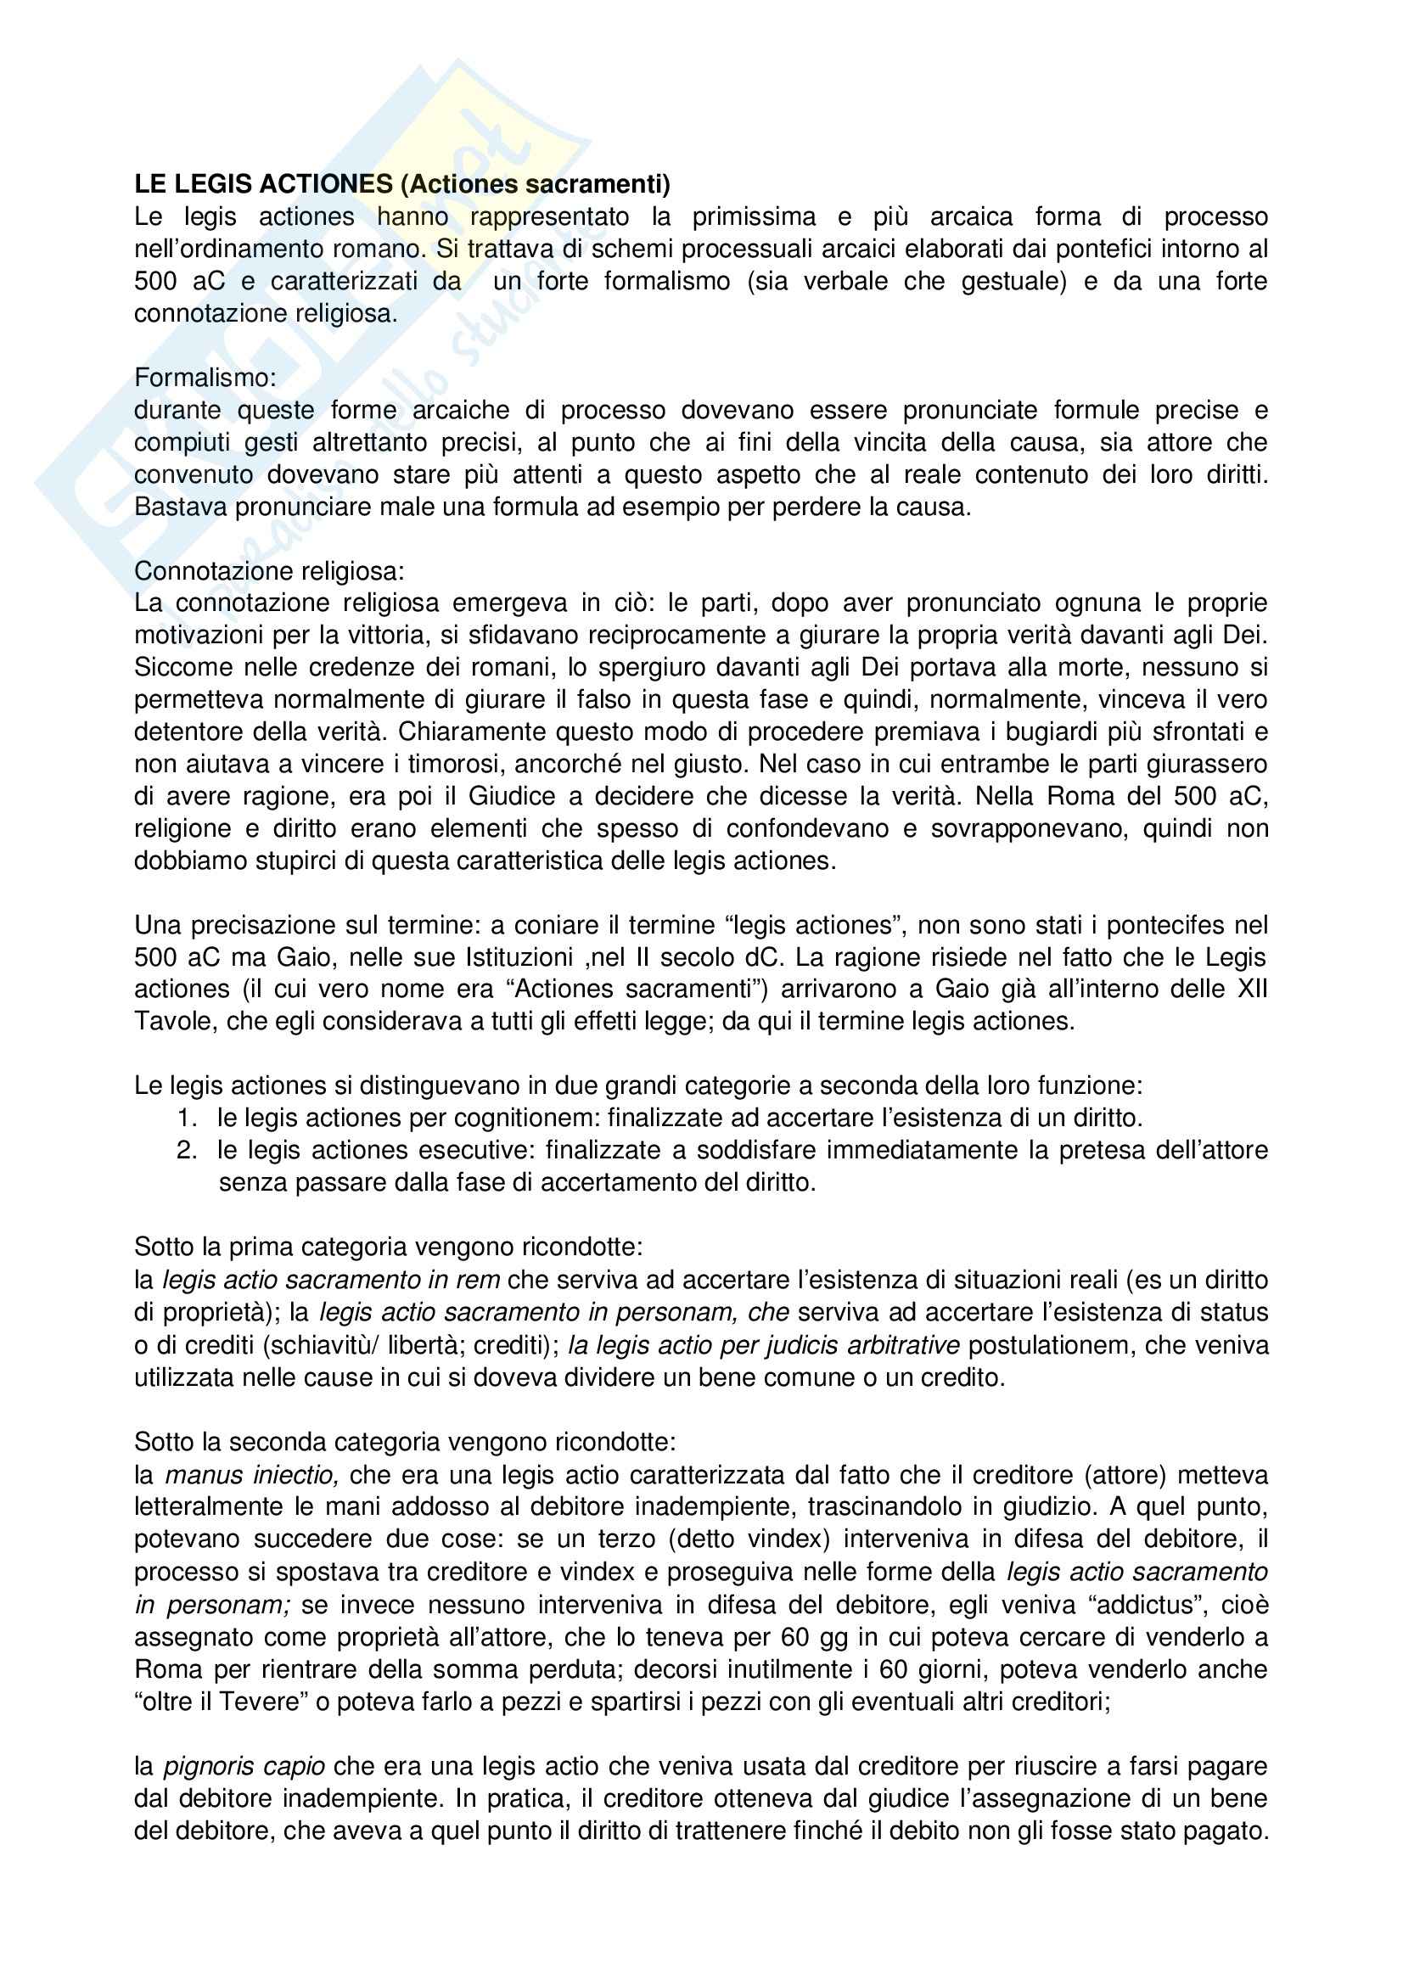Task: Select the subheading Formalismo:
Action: pos(205,378)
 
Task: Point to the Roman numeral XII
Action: pos(1252,990)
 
